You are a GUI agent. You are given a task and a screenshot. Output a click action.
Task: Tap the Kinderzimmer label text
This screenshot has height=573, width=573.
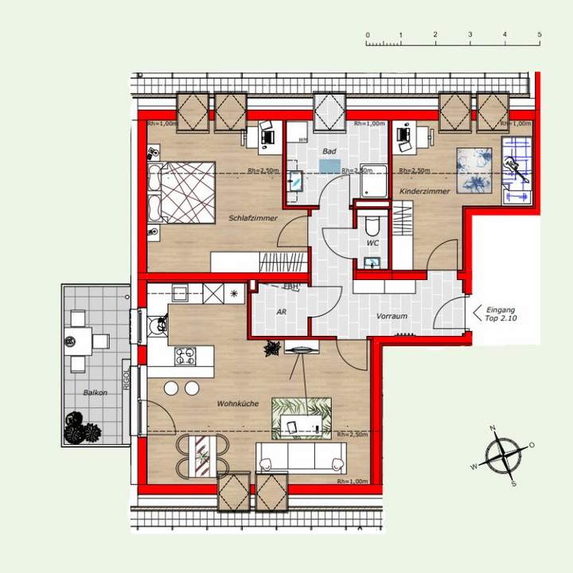[425, 192]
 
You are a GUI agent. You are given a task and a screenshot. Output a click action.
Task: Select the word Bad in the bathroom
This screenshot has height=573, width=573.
[328, 151]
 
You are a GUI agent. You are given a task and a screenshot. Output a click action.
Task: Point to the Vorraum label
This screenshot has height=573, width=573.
[392, 316]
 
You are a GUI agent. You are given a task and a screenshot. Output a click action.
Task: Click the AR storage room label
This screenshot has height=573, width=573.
[281, 313]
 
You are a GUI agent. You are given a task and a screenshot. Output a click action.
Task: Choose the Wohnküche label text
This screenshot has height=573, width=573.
[237, 404]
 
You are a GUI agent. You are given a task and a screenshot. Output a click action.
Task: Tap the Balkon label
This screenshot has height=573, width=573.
[95, 393]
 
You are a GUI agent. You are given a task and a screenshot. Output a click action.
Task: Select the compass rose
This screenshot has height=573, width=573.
[503, 456]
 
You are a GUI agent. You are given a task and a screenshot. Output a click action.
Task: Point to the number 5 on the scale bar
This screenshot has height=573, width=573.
[539, 36]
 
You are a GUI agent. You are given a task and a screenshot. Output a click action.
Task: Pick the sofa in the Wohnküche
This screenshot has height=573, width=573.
[301, 458]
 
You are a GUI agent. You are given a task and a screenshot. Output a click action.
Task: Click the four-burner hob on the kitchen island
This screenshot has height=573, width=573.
[186, 357]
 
